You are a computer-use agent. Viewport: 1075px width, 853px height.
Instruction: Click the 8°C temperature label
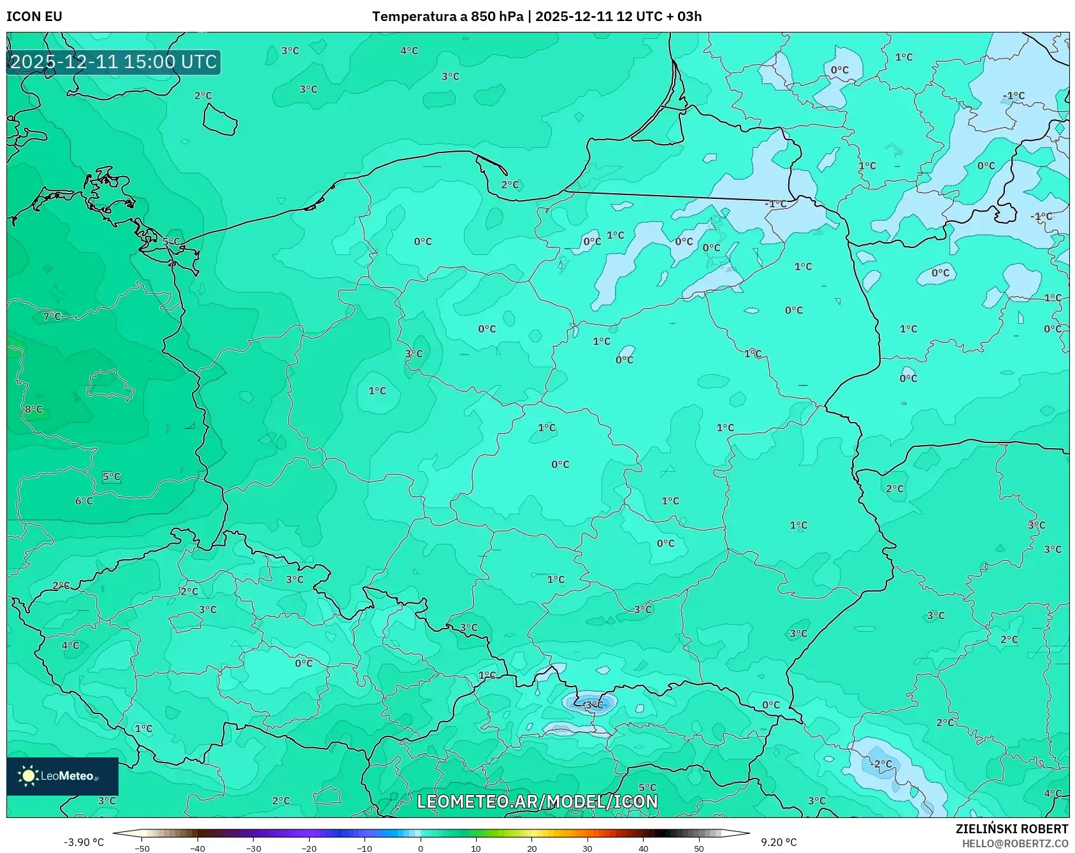click(33, 409)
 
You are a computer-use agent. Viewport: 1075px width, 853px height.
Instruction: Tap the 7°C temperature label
click(52, 316)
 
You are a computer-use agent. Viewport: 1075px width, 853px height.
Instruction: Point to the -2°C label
click(881, 764)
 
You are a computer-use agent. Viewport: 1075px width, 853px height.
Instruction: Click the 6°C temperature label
click(84, 501)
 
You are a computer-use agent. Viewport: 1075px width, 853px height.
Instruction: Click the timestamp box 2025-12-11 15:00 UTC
click(113, 62)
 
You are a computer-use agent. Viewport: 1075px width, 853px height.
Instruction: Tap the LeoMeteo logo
click(62, 776)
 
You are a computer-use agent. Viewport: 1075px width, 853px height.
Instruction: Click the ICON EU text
click(34, 17)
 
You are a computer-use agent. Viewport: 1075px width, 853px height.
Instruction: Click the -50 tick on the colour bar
click(142, 849)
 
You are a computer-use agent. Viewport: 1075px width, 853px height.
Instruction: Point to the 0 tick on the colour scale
click(420, 849)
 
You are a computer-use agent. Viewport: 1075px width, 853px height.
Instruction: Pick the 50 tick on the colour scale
click(698, 849)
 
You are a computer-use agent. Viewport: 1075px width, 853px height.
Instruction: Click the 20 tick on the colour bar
click(531, 849)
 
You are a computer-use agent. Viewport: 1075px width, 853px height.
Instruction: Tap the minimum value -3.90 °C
click(83, 842)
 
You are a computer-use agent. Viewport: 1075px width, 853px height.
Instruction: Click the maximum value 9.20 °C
click(778, 842)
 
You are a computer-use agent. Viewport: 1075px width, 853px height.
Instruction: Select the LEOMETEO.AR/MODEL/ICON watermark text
click(537, 801)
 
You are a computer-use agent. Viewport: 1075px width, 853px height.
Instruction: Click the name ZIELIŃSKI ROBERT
click(1011, 829)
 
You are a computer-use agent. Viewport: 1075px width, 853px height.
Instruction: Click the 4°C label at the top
click(409, 51)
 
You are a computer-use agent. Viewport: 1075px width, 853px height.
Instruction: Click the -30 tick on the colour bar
click(254, 849)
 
